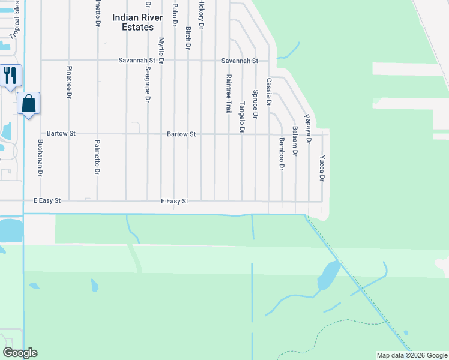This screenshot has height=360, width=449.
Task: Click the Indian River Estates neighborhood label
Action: tap(137, 22)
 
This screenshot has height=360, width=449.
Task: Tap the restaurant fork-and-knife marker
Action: tap(11, 75)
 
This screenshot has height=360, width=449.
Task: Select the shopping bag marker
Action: tap(29, 103)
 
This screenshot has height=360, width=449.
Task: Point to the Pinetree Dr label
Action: tap(70, 82)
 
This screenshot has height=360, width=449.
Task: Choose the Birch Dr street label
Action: tap(188, 38)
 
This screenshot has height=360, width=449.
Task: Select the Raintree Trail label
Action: tap(229, 94)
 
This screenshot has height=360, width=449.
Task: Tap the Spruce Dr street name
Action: tap(255, 104)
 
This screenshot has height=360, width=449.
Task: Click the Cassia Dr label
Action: tap(269, 92)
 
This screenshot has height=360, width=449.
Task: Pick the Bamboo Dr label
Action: tap(281, 154)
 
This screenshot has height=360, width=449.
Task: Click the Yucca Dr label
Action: tap(322, 169)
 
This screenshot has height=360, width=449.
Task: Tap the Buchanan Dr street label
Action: tap(40, 157)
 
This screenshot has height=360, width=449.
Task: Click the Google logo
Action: tap(20, 353)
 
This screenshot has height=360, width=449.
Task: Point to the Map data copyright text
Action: tap(411, 355)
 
